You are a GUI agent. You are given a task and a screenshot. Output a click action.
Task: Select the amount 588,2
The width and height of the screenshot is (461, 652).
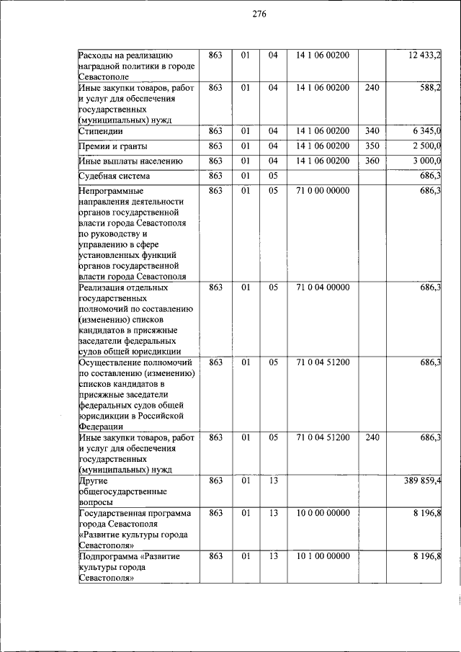pyautogui.click(x=430, y=88)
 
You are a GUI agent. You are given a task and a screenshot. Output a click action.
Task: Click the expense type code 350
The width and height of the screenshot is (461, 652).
pyautogui.click(x=372, y=146)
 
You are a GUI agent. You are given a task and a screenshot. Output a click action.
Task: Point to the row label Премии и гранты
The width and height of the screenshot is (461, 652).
pyautogui.click(x=115, y=146)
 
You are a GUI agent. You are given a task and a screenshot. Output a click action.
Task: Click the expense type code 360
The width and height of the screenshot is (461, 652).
pyautogui.click(x=372, y=161)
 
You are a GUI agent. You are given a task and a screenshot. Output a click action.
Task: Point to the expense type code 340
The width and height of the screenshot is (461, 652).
pyautogui.click(x=372, y=131)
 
